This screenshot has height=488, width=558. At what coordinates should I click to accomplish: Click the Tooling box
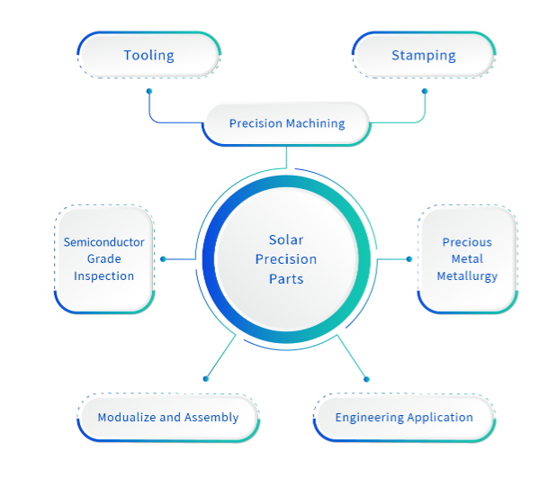pyautogui.click(x=148, y=55)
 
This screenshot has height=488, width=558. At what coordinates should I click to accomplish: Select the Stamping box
pyautogui.click(x=423, y=55)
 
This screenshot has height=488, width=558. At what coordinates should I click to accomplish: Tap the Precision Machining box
pyautogui.click(x=286, y=123)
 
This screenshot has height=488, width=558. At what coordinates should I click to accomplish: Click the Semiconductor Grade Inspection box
pyautogui.click(x=103, y=259)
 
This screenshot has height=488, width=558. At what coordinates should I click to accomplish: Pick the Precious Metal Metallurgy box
pyautogui.click(x=467, y=259)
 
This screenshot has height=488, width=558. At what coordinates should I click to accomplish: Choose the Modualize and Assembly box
pyautogui.click(x=167, y=418)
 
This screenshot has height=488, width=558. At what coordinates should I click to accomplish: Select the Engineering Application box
pyautogui.click(x=404, y=418)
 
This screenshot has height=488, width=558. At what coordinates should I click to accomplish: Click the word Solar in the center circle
pyautogui.click(x=286, y=239)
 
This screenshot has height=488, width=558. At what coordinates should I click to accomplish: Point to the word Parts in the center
pyautogui.click(x=286, y=279)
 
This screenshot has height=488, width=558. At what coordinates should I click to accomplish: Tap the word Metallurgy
pyautogui.click(x=467, y=276)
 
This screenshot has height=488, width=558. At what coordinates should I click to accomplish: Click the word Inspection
pyautogui.click(x=103, y=276)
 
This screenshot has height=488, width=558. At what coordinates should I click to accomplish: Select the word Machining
pyautogui.click(x=316, y=123)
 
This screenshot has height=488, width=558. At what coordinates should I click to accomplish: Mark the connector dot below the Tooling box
pyautogui.click(x=149, y=91)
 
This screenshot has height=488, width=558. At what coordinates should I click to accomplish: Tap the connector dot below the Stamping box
pyautogui.click(x=425, y=91)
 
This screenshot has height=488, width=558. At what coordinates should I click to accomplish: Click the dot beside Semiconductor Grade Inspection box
pyautogui.click(x=163, y=259)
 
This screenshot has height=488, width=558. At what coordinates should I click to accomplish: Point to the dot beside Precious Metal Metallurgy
pyautogui.click(x=409, y=259)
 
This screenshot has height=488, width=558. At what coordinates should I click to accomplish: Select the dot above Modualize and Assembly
pyautogui.click(x=205, y=379)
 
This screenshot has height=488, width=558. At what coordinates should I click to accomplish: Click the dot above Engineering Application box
pyautogui.click(x=366, y=379)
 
